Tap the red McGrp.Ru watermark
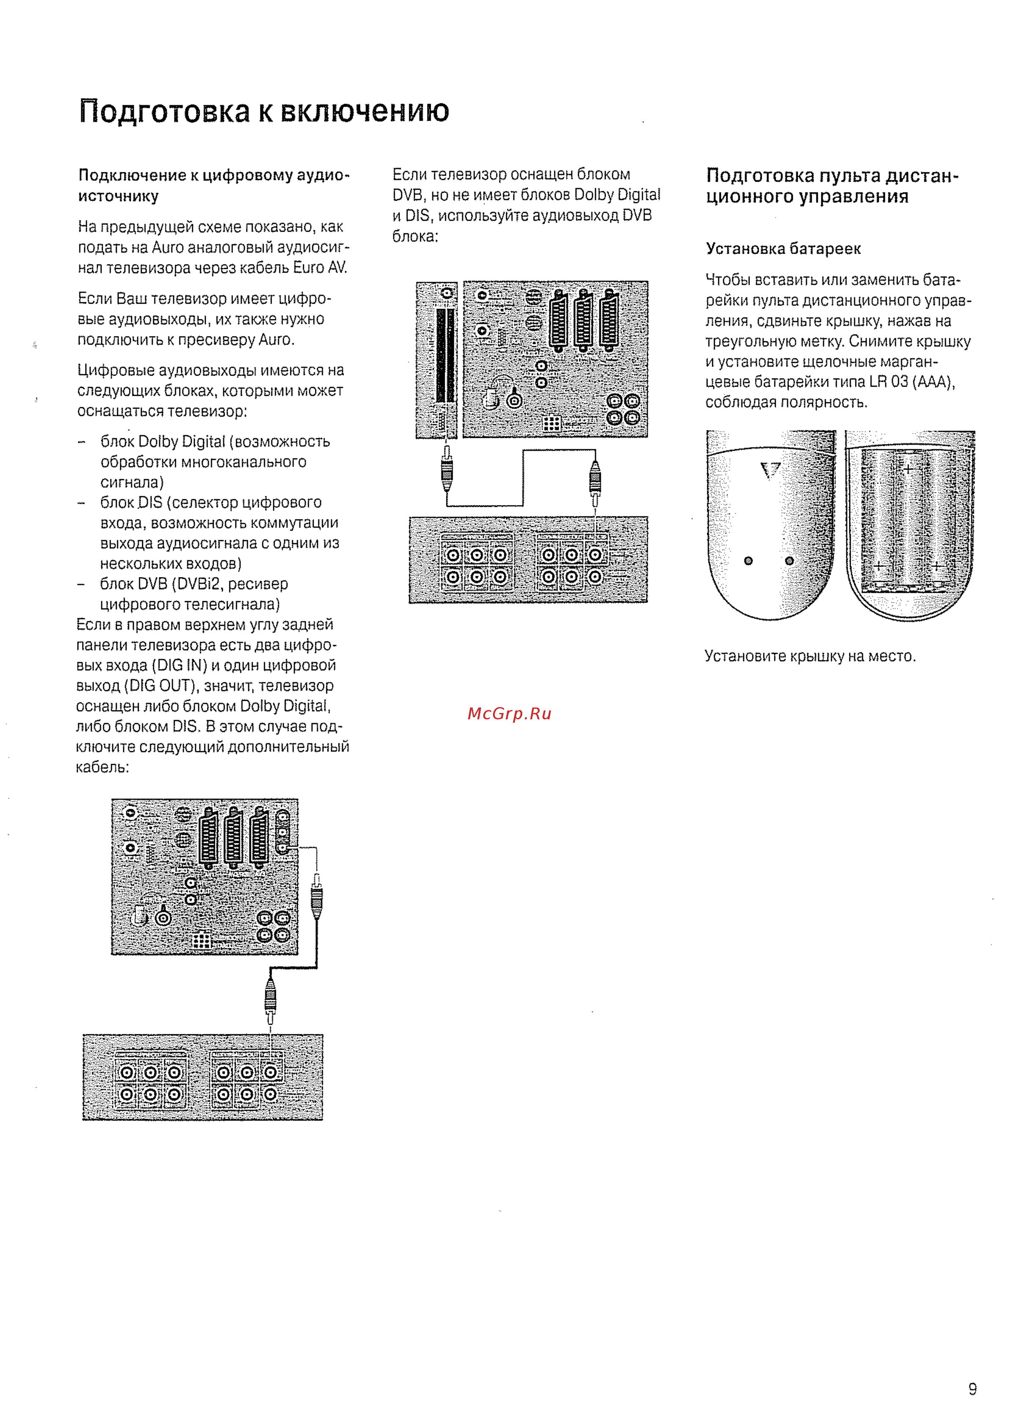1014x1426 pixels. (509, 713)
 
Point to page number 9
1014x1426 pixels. (972, 1388)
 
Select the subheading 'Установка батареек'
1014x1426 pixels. (783, 249)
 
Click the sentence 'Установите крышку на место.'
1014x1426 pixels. (810, 656)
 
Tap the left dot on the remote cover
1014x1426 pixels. (748, 560)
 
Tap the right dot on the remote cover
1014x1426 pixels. (789, 560)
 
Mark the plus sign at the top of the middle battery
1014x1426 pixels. (909, 468)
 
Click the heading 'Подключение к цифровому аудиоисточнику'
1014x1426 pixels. (214, 185)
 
